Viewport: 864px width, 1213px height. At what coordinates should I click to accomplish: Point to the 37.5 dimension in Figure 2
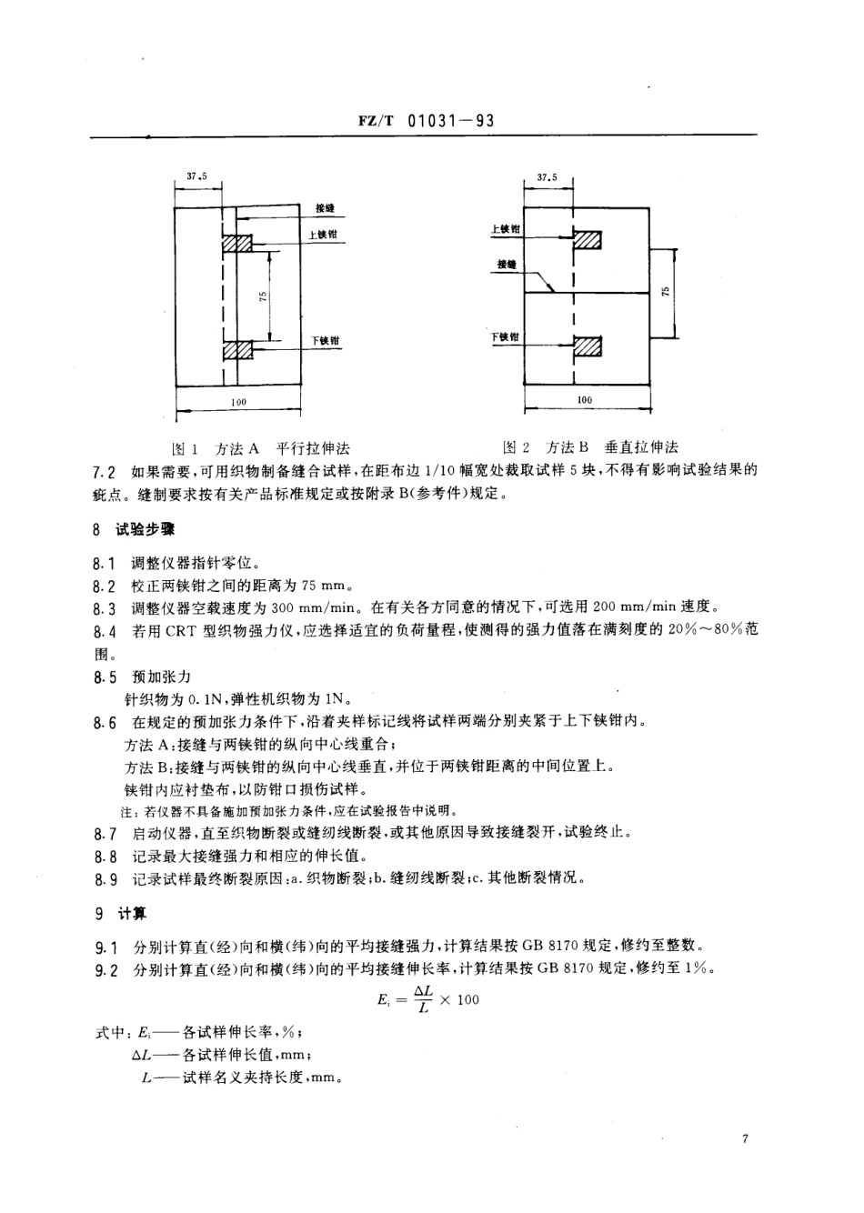pos(548,178)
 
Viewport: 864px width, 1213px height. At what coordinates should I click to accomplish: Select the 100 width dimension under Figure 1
pos(239,401)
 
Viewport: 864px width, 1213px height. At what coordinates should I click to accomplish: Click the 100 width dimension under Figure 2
pos(585,399)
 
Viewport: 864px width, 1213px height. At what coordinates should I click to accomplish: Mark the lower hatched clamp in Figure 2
pos(588,346)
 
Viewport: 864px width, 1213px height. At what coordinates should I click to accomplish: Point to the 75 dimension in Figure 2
pos(666,292)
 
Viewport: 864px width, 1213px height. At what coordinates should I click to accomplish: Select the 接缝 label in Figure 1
pos(325,208)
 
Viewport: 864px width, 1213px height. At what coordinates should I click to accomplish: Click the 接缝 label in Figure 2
pos(507,265)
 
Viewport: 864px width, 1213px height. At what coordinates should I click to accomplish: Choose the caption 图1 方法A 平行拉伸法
pos(261,447)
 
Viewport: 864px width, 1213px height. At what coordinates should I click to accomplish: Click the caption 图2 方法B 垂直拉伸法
pos(591,446)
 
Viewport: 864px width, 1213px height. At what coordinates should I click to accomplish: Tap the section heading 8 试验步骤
pos(133,528)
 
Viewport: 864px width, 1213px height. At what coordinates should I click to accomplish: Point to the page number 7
pos(744,1138)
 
